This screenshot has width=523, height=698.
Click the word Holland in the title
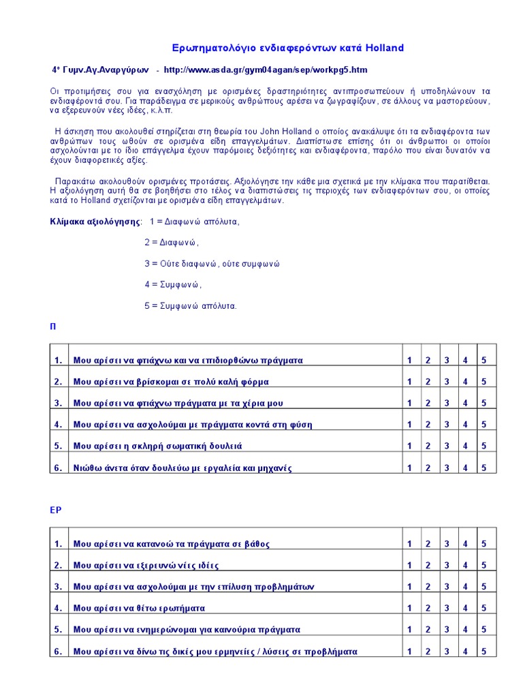(x=384, y=48)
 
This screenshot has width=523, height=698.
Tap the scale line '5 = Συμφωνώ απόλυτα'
(x=190, y=306)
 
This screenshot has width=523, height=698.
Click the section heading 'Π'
(x=53, y=327)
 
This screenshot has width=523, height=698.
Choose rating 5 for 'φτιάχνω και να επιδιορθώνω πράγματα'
(x=484, y=360)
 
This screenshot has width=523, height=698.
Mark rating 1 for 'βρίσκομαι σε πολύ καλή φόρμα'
(x=409, y=382)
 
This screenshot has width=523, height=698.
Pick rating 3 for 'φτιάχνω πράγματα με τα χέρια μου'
(x=447, y=403)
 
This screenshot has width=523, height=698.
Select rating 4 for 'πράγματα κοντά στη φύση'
(x=466, y=425)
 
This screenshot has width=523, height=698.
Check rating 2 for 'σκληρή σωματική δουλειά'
(x=428, y=446)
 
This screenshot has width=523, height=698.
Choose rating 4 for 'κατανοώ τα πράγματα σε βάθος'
(x=466, y=543)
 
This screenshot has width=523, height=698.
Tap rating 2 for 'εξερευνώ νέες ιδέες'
(x=428, y=565)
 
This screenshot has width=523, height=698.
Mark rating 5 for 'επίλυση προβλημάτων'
(x=484, y=586)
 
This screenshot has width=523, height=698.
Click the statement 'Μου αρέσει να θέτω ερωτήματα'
(x=139, y=608)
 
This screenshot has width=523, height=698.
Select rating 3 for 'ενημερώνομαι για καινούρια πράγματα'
(x=447, y=629)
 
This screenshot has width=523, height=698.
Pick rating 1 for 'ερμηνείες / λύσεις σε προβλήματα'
(x=409, y=651)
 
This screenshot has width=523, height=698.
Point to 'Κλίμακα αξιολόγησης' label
(x=95, y=222)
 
